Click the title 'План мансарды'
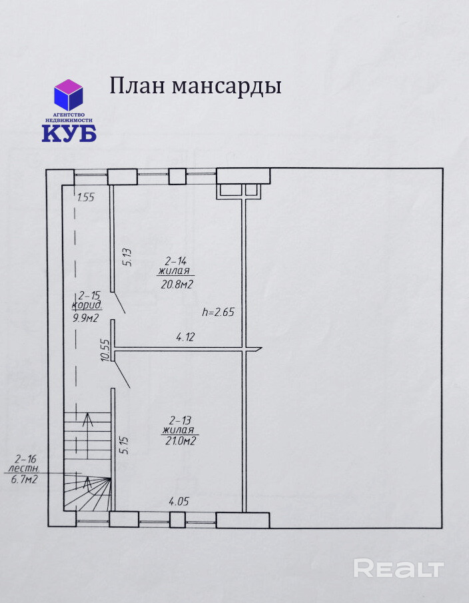[195, 87]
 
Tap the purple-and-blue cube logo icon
[69, 95]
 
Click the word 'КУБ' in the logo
[69, 133]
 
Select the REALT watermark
[398, 568]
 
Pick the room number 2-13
[179, 420]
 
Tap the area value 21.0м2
[179, 441]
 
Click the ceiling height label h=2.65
[218, 311]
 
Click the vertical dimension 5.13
[127, 257]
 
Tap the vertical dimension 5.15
[123, 444]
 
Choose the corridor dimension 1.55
[86, 197]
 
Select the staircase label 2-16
[25, 458]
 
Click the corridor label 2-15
[89, 295]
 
